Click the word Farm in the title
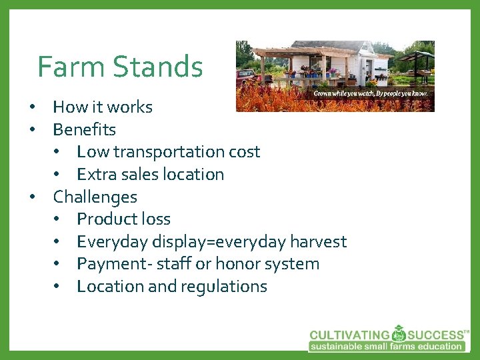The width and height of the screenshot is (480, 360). click(69, 67)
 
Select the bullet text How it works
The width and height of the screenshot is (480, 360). click(103, 107)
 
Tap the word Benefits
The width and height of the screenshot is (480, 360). click(84, 129)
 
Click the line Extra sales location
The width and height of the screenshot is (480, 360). click(150, 175)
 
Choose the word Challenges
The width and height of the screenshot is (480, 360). click(95, 197)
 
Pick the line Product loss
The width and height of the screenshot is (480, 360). click(123, 219)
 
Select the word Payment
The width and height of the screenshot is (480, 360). click(104, 264)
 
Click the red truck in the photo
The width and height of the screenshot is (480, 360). click(246, 75)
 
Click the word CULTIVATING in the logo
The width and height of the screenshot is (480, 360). click(349, 335)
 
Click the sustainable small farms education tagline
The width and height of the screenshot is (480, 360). click(386, 346)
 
